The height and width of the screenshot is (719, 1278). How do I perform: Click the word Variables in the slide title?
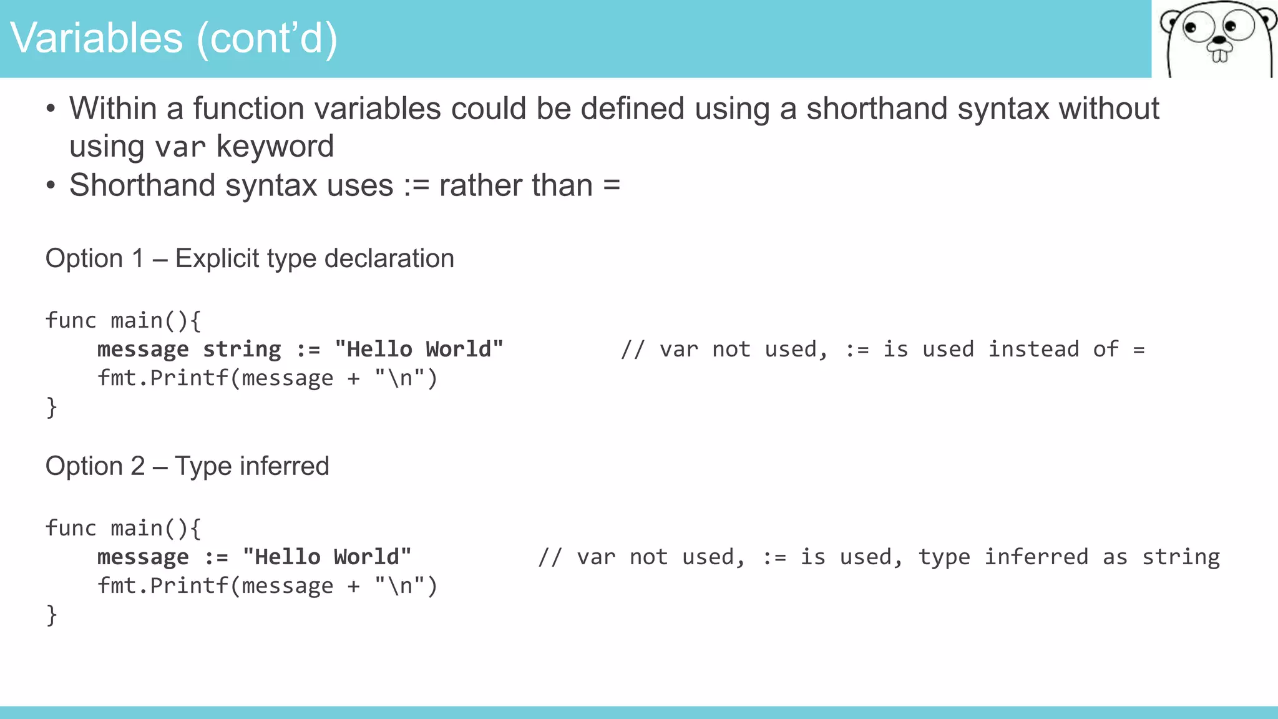97,38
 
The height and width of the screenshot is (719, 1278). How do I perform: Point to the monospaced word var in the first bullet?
180,147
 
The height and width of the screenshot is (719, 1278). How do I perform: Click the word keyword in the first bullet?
275,146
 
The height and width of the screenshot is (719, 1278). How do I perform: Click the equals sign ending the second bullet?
612,185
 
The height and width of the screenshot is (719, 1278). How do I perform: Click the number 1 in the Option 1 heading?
138,258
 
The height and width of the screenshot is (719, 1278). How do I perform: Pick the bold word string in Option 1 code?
242,349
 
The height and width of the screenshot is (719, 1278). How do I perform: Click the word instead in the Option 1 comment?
1033,349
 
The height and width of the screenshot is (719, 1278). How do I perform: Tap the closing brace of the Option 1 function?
52,408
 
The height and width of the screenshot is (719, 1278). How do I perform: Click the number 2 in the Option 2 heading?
138,466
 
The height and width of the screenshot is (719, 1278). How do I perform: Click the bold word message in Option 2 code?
143,557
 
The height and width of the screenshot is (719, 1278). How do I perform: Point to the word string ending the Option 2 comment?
1181,557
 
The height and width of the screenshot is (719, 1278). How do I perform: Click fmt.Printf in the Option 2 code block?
163,585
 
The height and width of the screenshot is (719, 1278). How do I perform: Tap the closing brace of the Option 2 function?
52,615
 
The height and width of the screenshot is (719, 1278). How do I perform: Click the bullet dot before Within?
51,109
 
